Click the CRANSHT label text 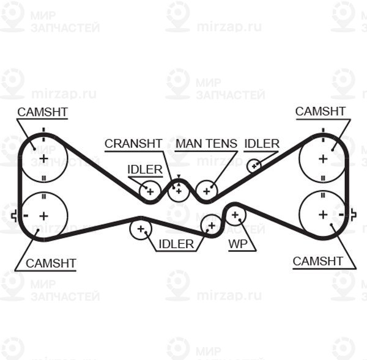pos(133,144)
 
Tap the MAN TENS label pos(206,144)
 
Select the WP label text pos(238,244)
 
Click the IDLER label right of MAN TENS pos(262,144)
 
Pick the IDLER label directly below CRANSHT pos(145,169)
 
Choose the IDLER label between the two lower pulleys pos(176,244)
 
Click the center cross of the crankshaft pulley pos(179,191)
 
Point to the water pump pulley pos(235,215)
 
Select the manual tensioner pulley pos(207,191)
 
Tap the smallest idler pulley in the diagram pos(254,166)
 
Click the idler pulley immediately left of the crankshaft pos(150,192)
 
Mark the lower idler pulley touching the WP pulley pos(212,226)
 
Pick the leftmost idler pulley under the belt pos(141,229)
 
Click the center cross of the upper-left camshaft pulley pos(43,159)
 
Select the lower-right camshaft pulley pos(323,215)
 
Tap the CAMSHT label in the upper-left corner pos(43,112)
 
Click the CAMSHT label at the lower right pos(317,261)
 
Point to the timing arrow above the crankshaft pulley pos(179,177)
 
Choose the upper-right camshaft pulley pos(323,159)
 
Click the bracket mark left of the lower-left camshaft pos(14,215)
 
